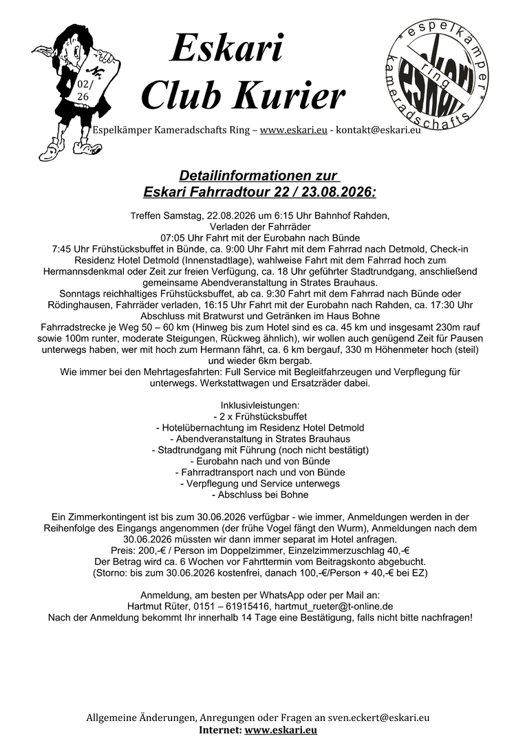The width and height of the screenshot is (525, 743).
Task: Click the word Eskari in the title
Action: pos(226,50)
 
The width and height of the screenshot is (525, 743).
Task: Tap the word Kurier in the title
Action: pos(293,96)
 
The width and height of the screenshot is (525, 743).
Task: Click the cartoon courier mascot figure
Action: pos(74,86)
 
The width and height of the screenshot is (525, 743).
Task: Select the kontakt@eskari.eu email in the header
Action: pos(379,131)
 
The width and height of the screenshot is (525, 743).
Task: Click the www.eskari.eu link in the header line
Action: pos(293,131)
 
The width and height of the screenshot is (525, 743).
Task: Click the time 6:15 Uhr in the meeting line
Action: pos(281,215)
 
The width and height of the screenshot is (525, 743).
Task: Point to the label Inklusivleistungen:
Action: pos(259,405)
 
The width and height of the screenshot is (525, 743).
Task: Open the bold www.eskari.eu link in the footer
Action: pos(280,730)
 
